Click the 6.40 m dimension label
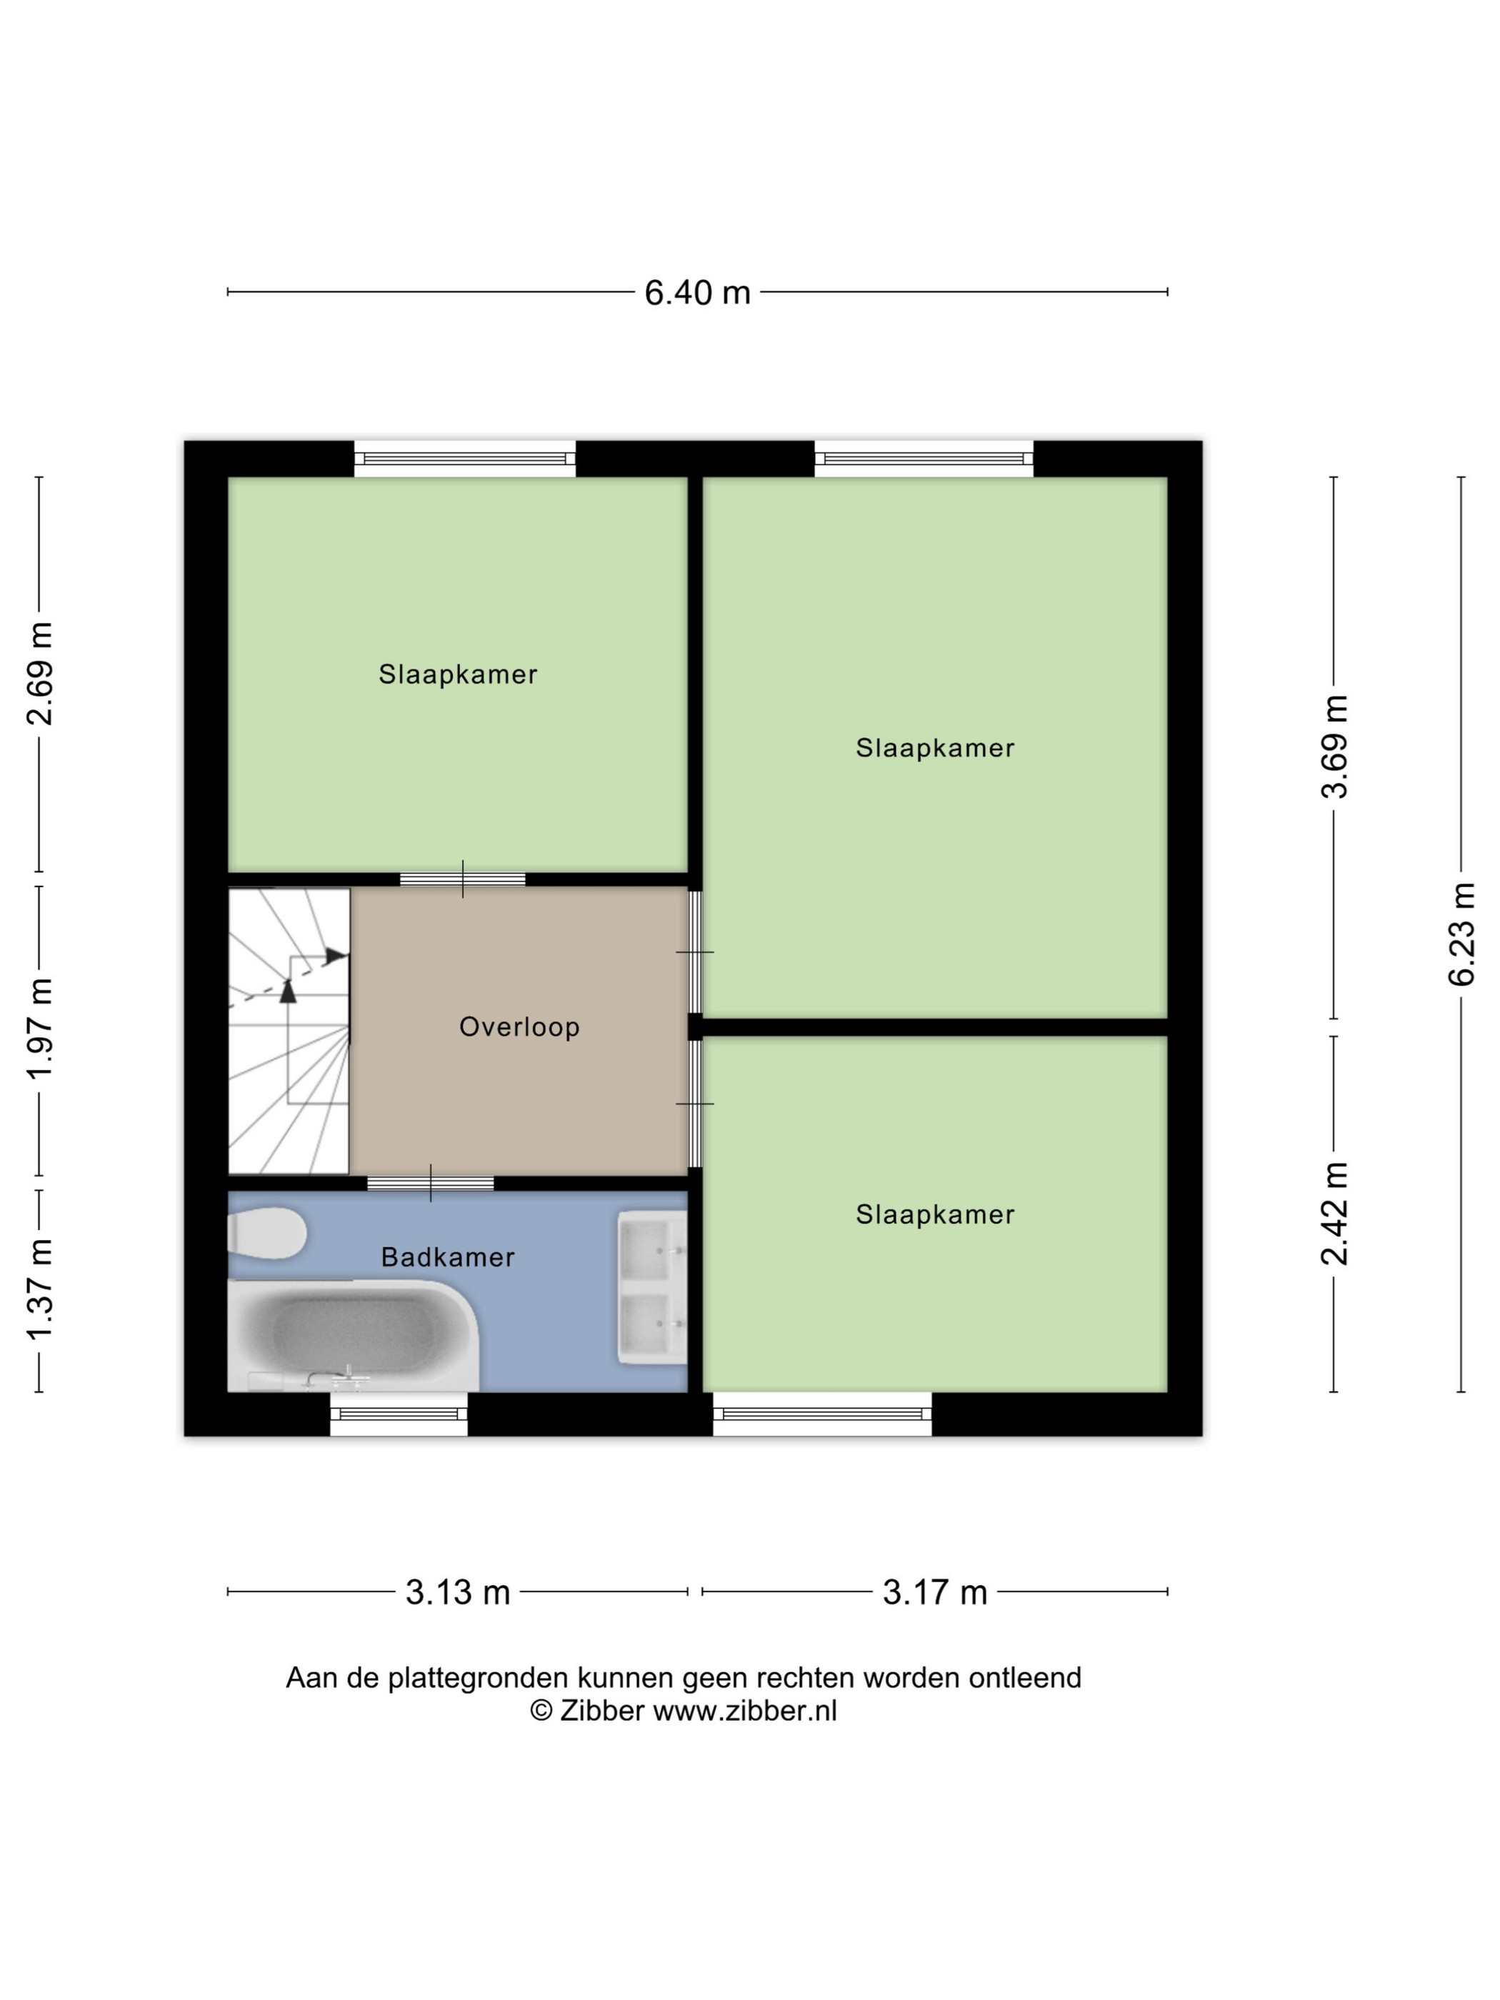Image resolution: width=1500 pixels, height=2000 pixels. [697, 293]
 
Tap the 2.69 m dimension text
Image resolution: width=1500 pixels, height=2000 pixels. [41, 674]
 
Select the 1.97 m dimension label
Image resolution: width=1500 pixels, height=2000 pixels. [41, 1028]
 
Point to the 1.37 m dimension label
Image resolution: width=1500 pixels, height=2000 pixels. [41, 1289]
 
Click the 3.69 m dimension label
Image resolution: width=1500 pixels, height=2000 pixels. [1334, 747]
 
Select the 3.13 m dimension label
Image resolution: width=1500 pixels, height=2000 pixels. [458, 1592]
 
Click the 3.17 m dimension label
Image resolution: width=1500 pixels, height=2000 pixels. [935, 1592]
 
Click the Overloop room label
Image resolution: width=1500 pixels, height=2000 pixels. [519, 1027]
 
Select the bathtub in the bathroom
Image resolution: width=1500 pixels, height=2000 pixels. [353, 1336]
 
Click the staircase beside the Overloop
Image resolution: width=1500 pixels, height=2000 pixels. [289, 1031]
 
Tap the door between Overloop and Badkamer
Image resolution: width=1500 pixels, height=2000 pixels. [431, 1183]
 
